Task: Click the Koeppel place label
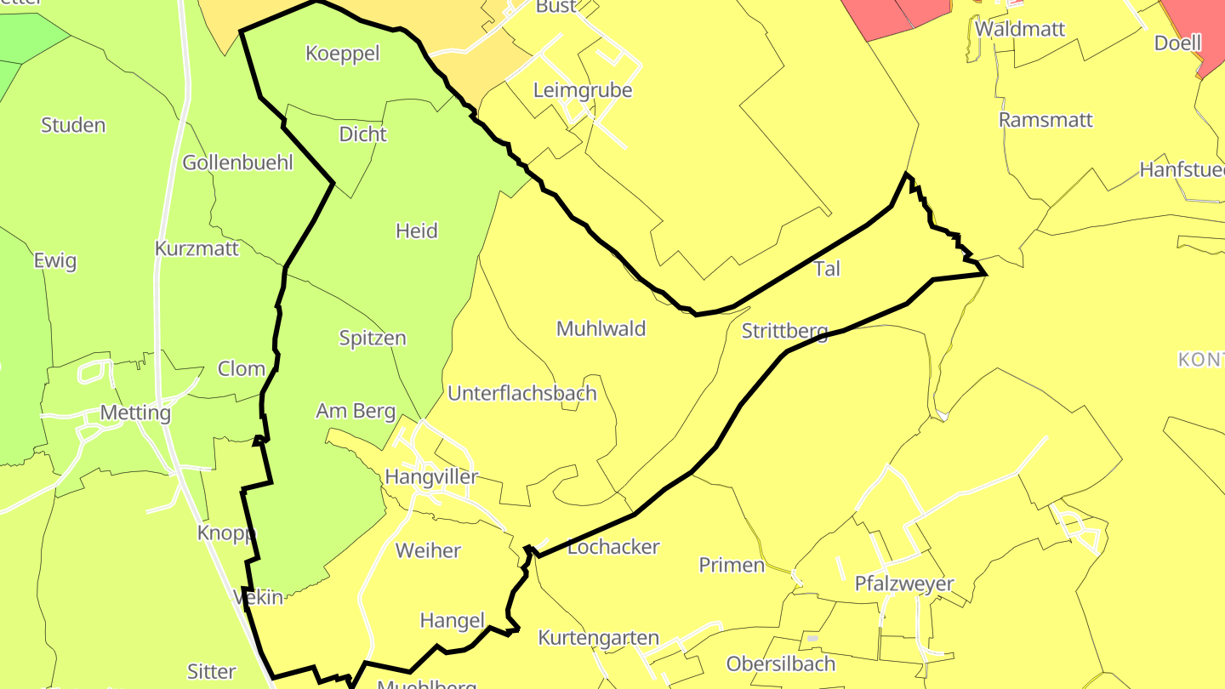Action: tap(342, 54)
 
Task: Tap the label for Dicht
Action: tap(362, 134)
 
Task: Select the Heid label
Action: tap(417, 231)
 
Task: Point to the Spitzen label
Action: tap(373, 338)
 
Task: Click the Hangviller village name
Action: tap(431, 476)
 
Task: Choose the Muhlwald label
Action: tap(601, 328)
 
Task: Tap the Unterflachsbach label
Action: tap(521, 393)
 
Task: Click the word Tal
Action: tap(827, 269)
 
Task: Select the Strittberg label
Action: tap(784, 331)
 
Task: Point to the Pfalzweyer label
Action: tap(904, 584)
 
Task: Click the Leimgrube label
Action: tap(583, 90)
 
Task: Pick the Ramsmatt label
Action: tap(1046, 120)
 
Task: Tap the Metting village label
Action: tap(135, 413)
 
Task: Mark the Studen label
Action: tap(73, 125)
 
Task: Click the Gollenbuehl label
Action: tap(237, 162)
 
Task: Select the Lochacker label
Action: tap(613, 547)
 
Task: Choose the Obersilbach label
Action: tap(781, 663)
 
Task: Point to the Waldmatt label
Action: tap(1020, 29)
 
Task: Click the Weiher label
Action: tap(428, 550)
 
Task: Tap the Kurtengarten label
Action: tap(599, 638)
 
